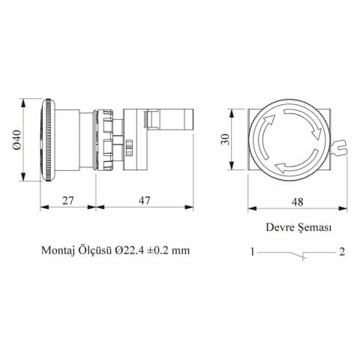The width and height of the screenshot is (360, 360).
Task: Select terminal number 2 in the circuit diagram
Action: click(x=341, y=252)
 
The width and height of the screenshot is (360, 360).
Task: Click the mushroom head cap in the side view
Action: click(x=46, y=137)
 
